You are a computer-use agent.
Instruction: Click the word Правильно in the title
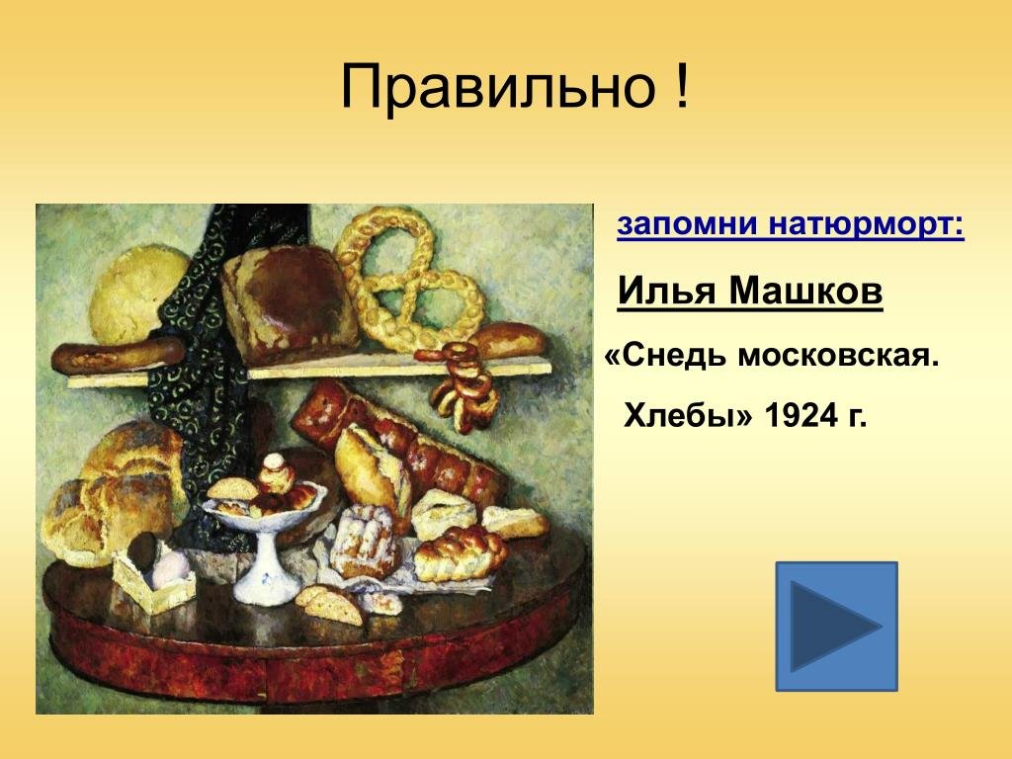[498, 86]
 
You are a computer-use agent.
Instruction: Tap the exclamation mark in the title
[682, 86]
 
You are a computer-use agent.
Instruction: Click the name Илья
[667, 292]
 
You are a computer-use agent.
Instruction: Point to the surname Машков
[806, 292]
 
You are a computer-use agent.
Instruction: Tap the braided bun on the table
[461, 552]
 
